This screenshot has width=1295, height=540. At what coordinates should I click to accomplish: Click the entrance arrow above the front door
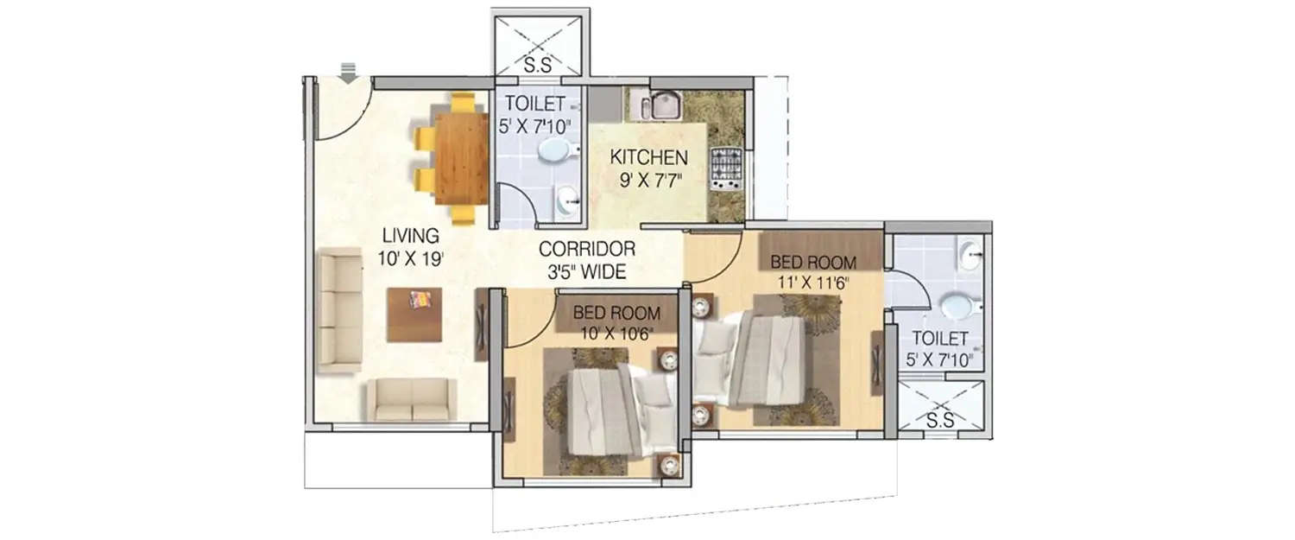click(348, 73)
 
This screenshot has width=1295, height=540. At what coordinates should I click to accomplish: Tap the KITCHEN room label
click(648, 158)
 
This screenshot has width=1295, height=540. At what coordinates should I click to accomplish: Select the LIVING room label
click(411, 235)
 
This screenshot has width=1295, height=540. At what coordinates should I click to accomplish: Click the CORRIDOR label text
click(587, 249)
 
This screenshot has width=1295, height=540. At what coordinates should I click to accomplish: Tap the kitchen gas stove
click(725, 168)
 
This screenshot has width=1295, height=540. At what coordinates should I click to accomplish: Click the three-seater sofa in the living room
click(339, 310)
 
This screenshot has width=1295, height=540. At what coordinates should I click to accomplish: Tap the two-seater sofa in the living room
click(411, 399)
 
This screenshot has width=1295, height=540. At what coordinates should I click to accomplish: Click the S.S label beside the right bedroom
click(939, 421)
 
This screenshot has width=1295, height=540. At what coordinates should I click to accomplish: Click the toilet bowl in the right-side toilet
click(958, 306)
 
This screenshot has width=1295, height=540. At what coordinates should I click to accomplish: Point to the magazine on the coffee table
click(420, 300)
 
